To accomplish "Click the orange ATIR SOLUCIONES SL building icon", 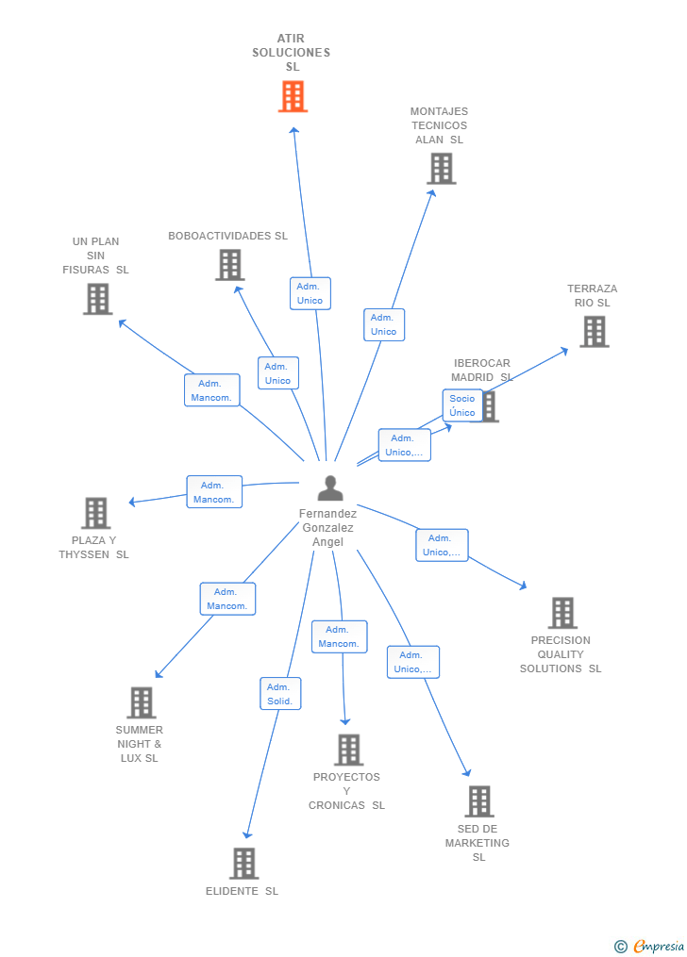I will tap(293, 96).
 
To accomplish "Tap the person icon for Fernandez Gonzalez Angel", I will tap(330, 488).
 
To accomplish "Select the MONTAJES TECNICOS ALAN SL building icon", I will tap(441, 169).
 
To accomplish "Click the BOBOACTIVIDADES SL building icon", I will tap(229, 265).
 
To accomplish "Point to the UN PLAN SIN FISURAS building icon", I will tap(97, 299).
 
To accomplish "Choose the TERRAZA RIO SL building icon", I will tap(594, 332).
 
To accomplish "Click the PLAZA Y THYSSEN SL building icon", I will tap(95, 513).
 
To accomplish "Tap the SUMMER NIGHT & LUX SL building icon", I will tap(141, 702).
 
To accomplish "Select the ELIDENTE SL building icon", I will tap(243, 863).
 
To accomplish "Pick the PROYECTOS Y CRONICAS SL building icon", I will tap(348, 750).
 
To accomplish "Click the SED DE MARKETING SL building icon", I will tap(478, 801).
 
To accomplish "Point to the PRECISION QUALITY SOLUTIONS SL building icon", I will tap(561, 613).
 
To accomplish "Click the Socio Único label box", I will tap(462, 405).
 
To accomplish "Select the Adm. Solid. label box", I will tap(280, 694).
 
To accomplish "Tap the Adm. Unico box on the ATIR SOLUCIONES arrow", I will tap(310, 293).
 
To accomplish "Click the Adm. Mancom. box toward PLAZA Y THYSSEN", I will tap(214, 492).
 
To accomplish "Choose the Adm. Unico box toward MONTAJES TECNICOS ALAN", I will tap(383, 324).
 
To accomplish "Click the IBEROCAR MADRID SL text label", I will tap(481, 370).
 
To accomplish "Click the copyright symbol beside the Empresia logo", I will tap(620, 946).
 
